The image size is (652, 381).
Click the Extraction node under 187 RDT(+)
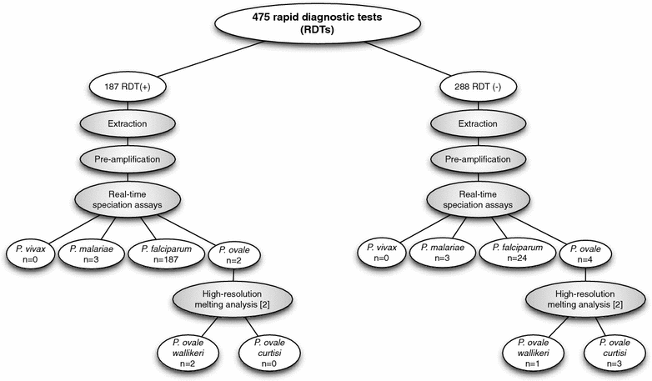[126, 124]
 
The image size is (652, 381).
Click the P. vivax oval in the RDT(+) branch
[30, 253]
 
